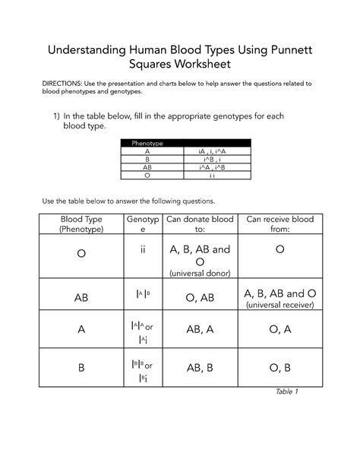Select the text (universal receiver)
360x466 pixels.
click(x=279, y=306)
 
